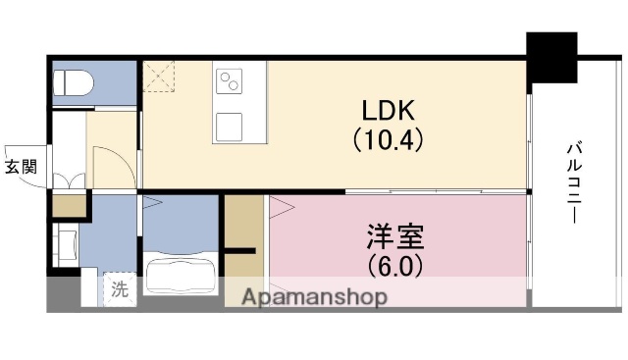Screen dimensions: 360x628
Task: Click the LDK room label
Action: (x=388, y=110)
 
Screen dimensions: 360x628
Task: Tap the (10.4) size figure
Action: (x=388, y=139)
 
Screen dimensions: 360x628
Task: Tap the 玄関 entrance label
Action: (x=21, y=168)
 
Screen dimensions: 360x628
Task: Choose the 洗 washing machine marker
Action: (x=118, y=289)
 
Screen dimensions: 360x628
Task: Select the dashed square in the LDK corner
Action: (x=159, y=76)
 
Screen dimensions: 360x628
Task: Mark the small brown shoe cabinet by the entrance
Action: (x=69, y=207)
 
